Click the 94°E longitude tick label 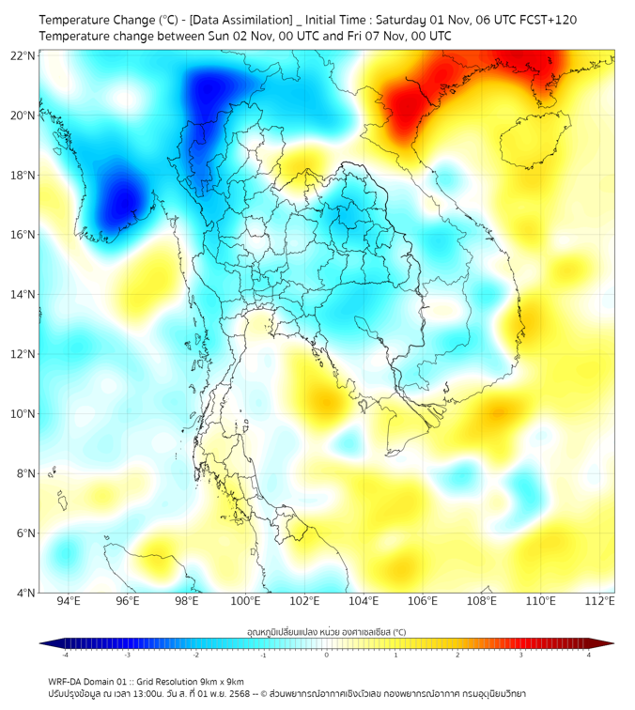pos(69,601)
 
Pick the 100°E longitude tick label pos(246,601)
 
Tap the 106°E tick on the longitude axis pos(423,601)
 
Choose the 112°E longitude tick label pos(600,601)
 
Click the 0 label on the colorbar pos(327,655)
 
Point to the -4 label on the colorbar pos(64,655)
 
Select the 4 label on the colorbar pos(589,655)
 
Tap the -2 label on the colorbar pos(194,655)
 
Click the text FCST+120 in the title pos(537,20)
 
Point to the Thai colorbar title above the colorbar pos(326,633)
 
